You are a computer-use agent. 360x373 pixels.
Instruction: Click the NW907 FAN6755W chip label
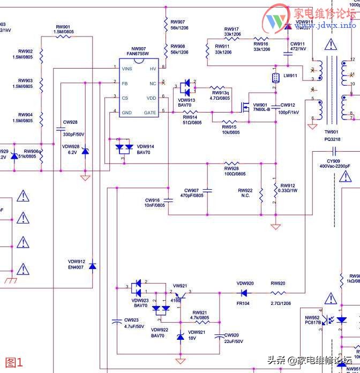click(x=139, y=51)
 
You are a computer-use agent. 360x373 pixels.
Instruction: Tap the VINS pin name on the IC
click(x=127, y=69)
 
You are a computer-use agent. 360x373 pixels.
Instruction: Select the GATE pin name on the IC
click(x=150, y=113)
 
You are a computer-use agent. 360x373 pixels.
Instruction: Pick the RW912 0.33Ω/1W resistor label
click(x=287, y=189)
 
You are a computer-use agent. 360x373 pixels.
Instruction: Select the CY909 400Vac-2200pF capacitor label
click(x=335, y=163)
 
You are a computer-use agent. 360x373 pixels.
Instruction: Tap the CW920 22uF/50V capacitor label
click(x=231, y=338)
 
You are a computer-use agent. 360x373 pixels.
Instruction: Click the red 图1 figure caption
click(x=14, y=362)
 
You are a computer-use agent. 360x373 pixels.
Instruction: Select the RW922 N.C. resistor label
click(x=245, y=193)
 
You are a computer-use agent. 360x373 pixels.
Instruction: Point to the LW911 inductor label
click(x=290, y=76)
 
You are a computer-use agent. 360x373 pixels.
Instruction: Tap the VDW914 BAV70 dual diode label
click(x=145, y=150)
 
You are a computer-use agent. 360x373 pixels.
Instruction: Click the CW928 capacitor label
click(x=70, y=122)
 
